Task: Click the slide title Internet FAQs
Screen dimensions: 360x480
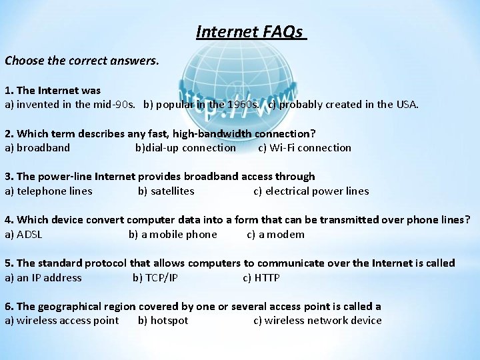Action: tap(251, 31)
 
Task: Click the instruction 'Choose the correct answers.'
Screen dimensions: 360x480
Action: tap(82, 61)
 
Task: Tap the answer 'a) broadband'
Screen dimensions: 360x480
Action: tap(37, 148)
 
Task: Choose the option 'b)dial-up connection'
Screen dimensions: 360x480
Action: tap(185, 148)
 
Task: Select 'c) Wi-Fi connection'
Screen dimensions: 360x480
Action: tap(305, 148)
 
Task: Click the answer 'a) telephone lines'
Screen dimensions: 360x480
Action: tap(49, 191)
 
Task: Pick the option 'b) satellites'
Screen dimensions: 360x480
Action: tap(166, 191)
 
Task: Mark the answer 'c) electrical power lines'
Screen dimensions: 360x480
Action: tap(311, 191)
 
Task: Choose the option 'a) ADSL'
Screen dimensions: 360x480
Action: tap(23, 235)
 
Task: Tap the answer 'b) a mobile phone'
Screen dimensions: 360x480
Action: tap(173, 235)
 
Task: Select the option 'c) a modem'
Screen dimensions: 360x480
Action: tap(275, 235)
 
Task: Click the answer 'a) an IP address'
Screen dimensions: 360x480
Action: tap(43, 278)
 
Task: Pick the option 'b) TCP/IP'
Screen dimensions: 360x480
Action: tap(155, 278)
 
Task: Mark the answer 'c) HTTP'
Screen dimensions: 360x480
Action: tap(261, 278)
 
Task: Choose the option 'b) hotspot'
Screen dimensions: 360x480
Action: tap(163, 321)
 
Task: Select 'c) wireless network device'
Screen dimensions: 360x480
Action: tap(317, 321)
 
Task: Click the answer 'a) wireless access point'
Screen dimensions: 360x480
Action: tap(62, 321)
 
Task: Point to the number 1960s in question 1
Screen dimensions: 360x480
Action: tap(243, 105)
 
